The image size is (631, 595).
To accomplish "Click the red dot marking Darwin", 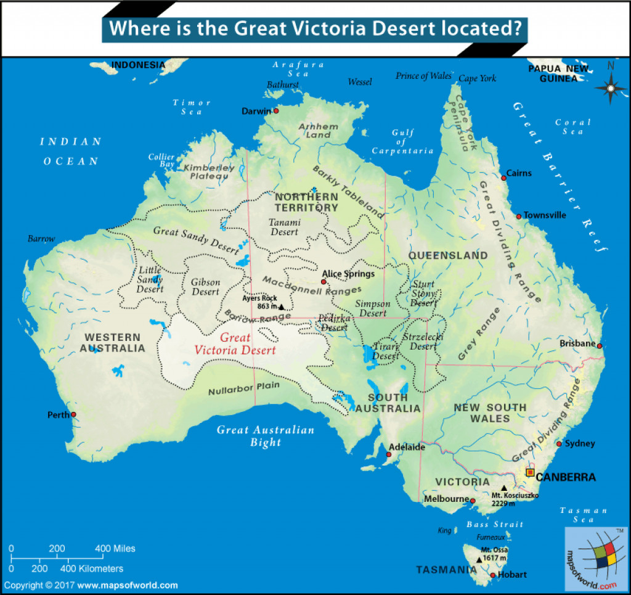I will (277, 111).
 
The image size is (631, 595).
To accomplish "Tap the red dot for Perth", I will (73, 414).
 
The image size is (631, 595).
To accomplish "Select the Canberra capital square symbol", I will (529, 473).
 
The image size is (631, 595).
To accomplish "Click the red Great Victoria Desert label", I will (235, 344).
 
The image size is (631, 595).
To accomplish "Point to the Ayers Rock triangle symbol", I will (282, 306).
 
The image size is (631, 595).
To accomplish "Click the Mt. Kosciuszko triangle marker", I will (504, 488).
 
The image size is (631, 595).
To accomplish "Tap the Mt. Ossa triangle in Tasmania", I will (479, 559).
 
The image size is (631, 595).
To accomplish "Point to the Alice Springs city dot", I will (324, 282).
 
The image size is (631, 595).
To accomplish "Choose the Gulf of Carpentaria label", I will (403, 142).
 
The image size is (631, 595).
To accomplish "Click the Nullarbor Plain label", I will (243, 388).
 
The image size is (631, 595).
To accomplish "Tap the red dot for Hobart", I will (492, 575).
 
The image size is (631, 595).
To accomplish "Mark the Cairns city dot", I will (503, 178).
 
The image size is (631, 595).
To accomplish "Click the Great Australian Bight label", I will (265, 436).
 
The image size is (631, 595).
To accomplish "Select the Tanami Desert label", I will (284, 227).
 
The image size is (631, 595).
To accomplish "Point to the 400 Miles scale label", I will (115, 548).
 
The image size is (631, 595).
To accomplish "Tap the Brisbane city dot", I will (599, 346).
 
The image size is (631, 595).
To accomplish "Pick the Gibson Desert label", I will (205, 287).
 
